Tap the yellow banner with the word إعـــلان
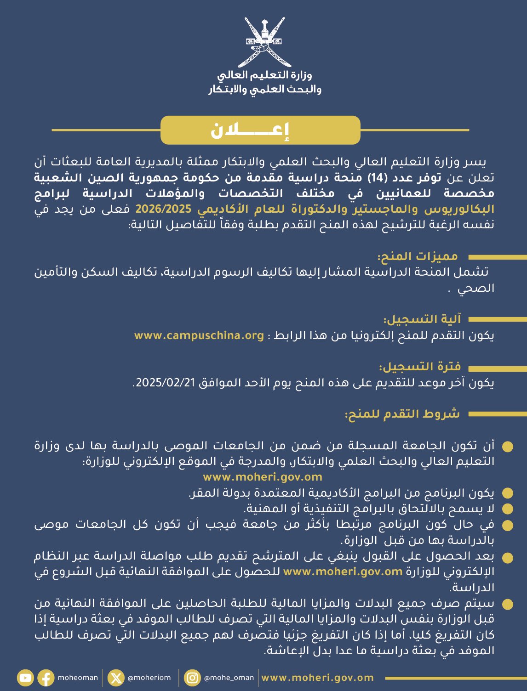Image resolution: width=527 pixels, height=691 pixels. click(260, 130)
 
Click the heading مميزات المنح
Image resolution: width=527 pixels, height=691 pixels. click(418, 256)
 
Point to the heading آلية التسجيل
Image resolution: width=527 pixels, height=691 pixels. click(423, 319)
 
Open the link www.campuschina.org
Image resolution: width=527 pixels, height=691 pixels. click(199, 335)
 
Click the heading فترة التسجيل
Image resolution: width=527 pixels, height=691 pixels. click(420, 367)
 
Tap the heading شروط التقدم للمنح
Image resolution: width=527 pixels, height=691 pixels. click(403, 414)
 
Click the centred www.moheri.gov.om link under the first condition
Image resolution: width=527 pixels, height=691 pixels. click(263, 477)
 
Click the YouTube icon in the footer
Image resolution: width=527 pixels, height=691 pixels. click(25, 678)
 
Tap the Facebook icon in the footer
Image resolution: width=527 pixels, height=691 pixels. click(46, 678)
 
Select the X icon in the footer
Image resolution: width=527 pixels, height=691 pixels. click(116, 678)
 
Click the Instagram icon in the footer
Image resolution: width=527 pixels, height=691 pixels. click(193, 678)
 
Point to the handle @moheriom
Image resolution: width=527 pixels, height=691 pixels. click(149, 678)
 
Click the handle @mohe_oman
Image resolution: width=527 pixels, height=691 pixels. click(229, 678)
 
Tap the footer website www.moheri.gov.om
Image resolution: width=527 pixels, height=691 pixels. click(317, 678)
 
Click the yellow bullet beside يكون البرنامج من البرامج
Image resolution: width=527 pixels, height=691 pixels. click(507, 493)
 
